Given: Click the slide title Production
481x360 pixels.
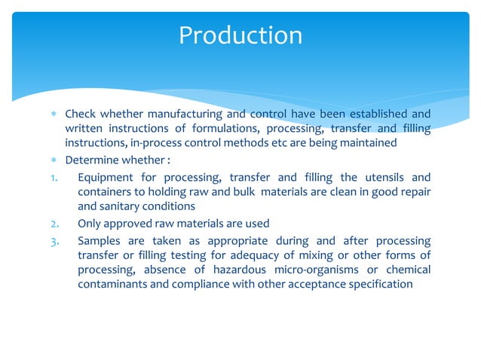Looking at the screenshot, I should [x=240, y=35].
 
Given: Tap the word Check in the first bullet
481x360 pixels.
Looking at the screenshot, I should [x=80, y=114].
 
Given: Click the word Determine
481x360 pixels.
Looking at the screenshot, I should [x=91, y=160].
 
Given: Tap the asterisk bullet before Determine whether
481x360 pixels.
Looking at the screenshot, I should [x=54, y=161].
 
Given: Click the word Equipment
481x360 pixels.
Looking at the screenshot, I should [x=106, y=178].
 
